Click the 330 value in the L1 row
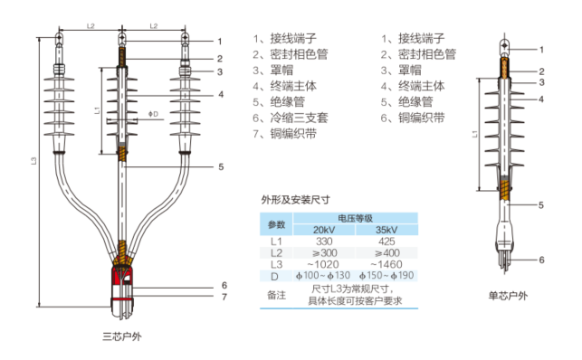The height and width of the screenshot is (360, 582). click(324, 242)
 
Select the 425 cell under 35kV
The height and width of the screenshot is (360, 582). click(386, 242)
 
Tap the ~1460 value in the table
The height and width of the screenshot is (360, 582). click(386, 264)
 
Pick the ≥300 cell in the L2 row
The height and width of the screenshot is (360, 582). click(324, 253)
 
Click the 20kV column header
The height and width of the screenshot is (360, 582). click(324, 230)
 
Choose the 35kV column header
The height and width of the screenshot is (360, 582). click(386, 230)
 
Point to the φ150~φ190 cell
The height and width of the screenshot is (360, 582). click(386, 276)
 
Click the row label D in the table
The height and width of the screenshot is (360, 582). click(274, 276)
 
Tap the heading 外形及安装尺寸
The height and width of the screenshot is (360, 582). click(295, 200)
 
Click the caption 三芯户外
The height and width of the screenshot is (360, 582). click(122, 336)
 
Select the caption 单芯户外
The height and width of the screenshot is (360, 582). click(508, 296)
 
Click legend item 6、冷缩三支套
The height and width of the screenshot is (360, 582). click(291, 118)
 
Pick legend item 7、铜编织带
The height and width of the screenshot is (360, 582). click(285, 134)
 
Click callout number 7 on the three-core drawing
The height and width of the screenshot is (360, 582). click(224, 297)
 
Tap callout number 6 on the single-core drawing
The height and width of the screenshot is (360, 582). click(541, 260)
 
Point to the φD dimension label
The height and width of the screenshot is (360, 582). click(153, 114)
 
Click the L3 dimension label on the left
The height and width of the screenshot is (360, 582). click(33, 161)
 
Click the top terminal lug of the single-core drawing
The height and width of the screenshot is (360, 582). click(505, 46)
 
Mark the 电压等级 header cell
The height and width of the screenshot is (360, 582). click(355, 218)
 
